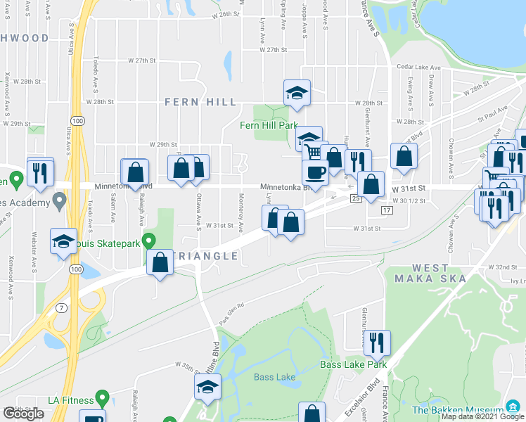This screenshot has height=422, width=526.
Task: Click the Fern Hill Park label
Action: click(269, 125)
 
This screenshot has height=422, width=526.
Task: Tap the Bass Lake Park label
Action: click(354, 364)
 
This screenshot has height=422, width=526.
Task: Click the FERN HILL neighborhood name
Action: click(200, 102)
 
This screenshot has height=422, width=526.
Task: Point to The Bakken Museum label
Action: click(457, 409)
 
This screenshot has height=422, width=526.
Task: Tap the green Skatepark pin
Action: click(148, 241)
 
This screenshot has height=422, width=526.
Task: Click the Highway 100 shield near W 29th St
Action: click(78, 121)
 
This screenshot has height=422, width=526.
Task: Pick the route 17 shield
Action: click(386, 210)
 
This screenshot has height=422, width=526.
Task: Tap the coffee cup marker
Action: click(315, 172)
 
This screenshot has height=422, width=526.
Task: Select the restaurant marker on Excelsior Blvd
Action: click(378, 343)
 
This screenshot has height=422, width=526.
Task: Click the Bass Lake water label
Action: click(274, 377)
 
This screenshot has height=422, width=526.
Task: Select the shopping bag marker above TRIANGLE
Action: click(160, 262)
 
